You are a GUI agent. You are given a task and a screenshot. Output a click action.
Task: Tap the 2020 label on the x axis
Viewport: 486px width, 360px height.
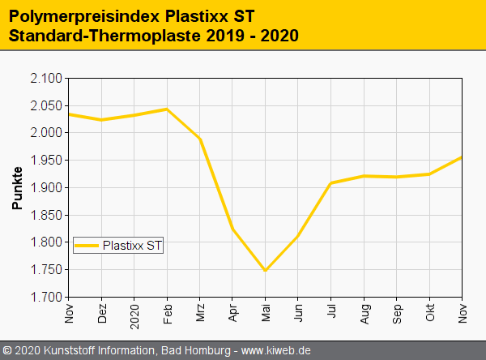click(x=134, y=315)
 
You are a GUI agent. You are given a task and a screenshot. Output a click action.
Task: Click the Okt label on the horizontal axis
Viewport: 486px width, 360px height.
click(x=430, y=312)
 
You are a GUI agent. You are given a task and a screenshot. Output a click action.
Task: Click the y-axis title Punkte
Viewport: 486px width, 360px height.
click(x=17, y=188)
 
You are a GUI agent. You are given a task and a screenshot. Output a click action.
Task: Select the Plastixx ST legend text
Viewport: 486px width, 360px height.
click(x=132, y=245)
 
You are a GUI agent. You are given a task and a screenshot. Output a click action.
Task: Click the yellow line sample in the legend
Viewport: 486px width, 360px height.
click(x=87, y=245)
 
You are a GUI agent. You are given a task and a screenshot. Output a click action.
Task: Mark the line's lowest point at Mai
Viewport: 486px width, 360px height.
click(x=266, y=271)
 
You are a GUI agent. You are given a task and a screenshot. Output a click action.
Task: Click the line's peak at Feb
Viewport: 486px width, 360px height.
click(x=167, y=109)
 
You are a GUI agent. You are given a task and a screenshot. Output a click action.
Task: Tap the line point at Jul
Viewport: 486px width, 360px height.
click(x=331, y=183)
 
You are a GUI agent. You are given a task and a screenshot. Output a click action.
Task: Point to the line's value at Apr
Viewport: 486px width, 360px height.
click(x=232, y=229)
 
